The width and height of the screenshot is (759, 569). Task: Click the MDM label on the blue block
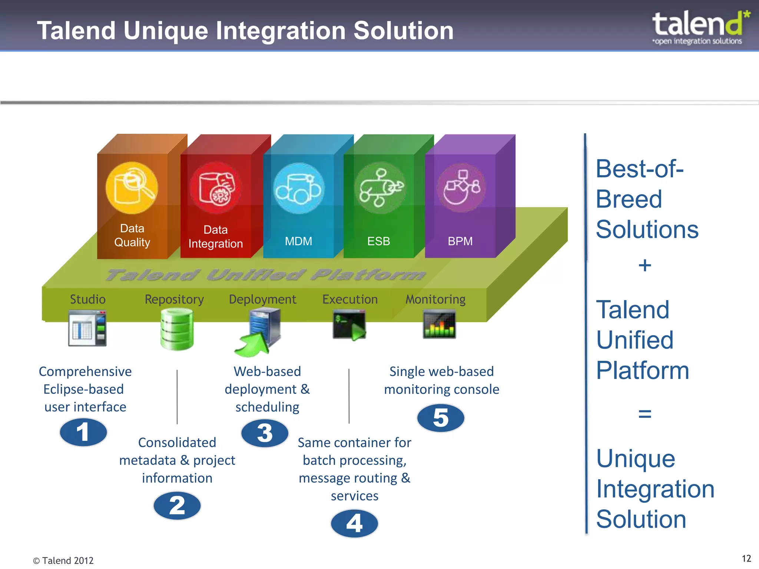[298, 241]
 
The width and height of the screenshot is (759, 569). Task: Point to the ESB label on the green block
[378, 241]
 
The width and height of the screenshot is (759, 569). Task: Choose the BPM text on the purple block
[460, 241]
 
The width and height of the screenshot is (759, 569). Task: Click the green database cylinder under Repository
[177, 329]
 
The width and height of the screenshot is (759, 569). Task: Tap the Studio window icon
[87, 328]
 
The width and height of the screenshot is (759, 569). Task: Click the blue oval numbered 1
[83, 432]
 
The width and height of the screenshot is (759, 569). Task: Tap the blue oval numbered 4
[354, 523]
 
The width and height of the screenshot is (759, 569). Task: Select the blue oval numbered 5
[441, 418]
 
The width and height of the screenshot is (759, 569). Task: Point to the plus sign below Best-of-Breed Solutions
[645, 265]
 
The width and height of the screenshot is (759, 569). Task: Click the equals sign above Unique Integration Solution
[645, 413]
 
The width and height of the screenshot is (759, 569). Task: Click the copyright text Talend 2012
[63, 560]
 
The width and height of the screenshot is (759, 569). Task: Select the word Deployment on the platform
[262, 299]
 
